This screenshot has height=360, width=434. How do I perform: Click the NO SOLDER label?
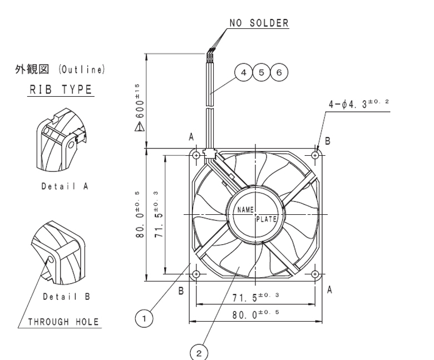[259, 23]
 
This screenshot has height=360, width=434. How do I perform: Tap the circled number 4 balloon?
[243, 72]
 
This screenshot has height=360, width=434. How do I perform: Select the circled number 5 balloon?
[262, 72]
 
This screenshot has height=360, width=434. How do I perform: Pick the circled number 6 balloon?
[279, 72]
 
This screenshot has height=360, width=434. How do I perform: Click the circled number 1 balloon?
[144, 318]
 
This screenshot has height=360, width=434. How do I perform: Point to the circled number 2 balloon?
[199, 353]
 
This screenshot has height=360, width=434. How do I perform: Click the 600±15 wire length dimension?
[140, 101]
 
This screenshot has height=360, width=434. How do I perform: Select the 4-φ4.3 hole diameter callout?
[359, 104]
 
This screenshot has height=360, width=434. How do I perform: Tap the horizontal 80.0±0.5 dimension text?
[255, 314]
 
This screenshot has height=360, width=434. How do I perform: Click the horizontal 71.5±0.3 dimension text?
[255, 297]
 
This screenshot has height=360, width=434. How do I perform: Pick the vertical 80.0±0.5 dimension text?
[140, 214]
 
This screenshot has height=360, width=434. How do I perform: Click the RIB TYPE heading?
[61, 90]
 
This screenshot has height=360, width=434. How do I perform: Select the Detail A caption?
[65, 186]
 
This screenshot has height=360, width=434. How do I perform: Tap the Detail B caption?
[66, 297]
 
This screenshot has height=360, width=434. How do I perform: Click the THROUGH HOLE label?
[63, 322]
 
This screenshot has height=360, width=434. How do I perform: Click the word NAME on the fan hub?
[245, 210]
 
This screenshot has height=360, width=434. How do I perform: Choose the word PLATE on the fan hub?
[267, 219]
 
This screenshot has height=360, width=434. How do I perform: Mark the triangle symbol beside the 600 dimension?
[140, 127]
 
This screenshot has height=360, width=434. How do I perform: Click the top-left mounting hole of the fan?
[196, 155]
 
